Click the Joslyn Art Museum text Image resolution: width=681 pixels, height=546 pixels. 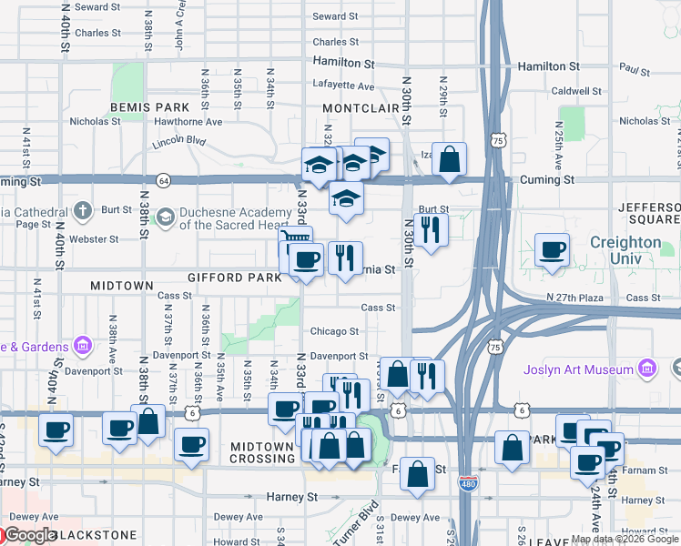click(x=578, y=369)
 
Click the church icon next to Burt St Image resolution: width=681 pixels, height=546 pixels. click(x=83, y=211)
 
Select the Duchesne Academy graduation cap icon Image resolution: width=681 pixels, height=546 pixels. click(x=166, y=217)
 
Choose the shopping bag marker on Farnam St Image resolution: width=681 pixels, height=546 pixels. click(x=417, y=473)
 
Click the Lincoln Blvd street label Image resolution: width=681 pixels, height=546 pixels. click(x=179, y=142)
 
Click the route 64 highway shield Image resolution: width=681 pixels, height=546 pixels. click(x=162, y=180)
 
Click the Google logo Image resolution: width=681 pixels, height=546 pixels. click(x=30, y=535)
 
